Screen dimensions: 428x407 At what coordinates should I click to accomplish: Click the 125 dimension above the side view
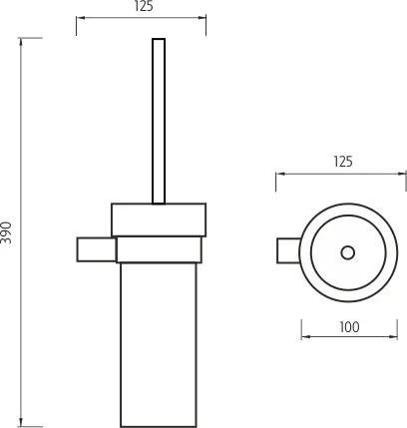[x=142, y=7]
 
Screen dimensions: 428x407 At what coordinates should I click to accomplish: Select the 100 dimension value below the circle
[x=348, y=327]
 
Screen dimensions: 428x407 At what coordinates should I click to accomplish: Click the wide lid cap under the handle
[x=159, y=219]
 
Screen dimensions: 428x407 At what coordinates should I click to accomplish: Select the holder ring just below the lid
[x=161, y=249]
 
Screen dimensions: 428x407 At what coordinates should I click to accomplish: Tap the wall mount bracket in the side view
[x=96, y=248]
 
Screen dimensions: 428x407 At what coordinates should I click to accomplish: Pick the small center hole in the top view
[x=347, y=252]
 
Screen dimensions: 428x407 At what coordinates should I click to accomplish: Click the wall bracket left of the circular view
[x=285, y=252]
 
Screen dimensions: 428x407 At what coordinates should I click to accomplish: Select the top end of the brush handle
[x=158, y=41]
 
